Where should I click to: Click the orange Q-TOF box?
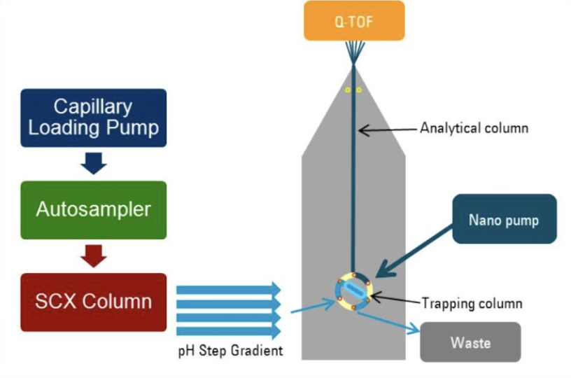354,20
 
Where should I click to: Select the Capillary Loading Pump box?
93,118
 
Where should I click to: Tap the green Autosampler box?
93,209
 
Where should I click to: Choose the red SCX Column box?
93,302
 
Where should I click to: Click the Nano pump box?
504,219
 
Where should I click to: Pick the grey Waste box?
470,342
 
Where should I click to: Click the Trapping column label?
472,303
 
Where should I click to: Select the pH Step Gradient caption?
230,351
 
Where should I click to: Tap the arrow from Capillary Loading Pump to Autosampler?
93,163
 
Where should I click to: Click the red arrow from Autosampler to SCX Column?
93,255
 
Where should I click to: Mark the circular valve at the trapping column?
354,292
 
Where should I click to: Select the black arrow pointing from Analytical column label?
388,129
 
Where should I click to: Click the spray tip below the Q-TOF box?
355,51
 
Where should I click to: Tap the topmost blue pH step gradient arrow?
228,290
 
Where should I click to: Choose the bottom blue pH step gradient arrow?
228,331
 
